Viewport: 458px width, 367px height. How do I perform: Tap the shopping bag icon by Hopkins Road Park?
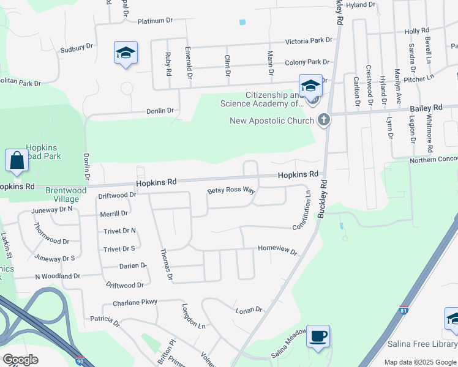click(17, 161)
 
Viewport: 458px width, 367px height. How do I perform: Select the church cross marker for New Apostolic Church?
click(325, 120)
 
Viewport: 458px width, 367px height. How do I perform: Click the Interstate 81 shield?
click(404, 310)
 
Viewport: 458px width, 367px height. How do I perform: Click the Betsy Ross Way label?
click(231, 191)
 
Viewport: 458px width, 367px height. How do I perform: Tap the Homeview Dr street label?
click(277, 252)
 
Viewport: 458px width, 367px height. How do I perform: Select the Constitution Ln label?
click(301, 210)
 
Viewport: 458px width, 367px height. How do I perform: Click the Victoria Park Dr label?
click(309, 40)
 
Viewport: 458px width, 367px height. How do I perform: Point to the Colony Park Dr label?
click(307, 62)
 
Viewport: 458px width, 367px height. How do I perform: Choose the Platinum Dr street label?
click(155, 21)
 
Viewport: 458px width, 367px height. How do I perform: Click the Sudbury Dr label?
click(77, 46)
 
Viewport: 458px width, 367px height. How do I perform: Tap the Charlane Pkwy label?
click(135, 302)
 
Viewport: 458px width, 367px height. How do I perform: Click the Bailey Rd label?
click(430, 108)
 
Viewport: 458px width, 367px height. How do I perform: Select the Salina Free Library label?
click(422, 344)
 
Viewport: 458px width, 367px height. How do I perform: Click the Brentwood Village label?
click(66, 195)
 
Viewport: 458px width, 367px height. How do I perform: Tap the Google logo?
click(20, 359)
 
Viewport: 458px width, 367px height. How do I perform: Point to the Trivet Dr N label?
click(119, 231)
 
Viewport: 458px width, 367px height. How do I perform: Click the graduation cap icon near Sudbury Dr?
click(126, 53)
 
